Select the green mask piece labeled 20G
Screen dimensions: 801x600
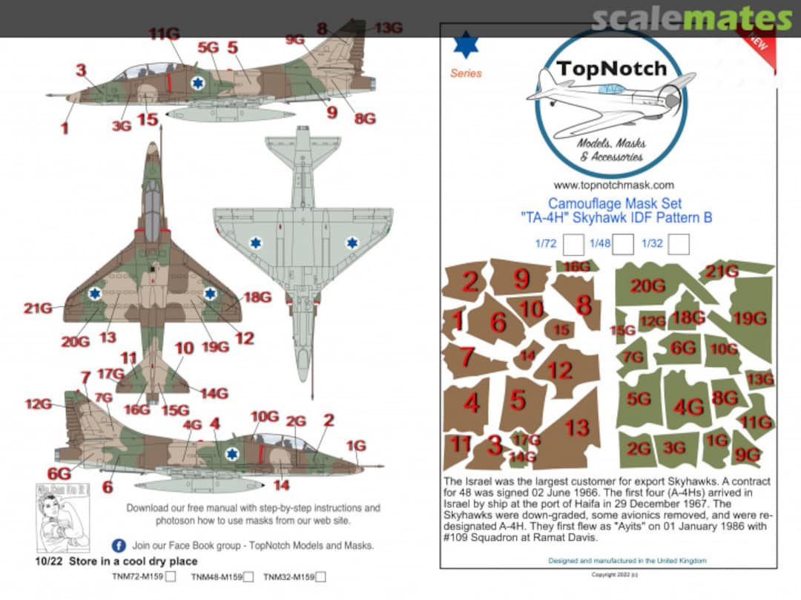[x=647, y=286]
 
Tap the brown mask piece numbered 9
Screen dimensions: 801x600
[x=521, y=279]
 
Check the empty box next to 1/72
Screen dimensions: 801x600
[x=573, y=244]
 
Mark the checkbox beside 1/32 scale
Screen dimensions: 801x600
[x=679, y=244]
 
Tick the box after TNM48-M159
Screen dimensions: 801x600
[x=248, y=577]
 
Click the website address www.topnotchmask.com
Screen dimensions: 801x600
[x=613, y=185]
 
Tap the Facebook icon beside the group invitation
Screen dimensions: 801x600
[x=118, y=545]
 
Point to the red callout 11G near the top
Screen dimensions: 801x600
[x=164, y=34]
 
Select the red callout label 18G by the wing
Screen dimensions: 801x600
[x=257, y=297]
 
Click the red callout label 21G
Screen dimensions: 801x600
[x=37, y=308]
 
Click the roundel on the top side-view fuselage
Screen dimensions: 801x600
[x=197, y=82]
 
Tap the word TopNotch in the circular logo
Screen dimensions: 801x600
[x=612, y=70]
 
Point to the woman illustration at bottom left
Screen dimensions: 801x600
[x=53, y=516]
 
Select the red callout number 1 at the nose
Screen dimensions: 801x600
[x=65, y=128]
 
